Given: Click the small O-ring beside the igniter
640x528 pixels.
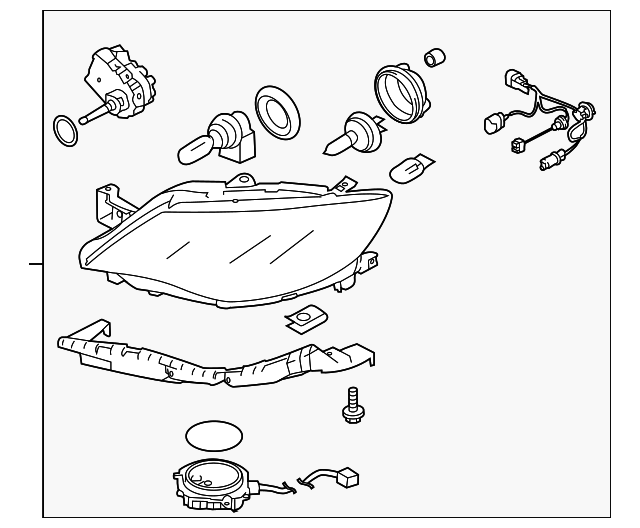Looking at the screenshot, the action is pos(65,129).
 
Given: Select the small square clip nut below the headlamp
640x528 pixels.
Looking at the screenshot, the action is pos(299,319).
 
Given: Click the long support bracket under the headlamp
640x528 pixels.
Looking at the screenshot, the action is pos(210,361).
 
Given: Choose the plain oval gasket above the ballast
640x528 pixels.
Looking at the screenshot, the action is pos(214,436).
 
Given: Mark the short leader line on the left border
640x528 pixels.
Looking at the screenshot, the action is pos(36,264).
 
